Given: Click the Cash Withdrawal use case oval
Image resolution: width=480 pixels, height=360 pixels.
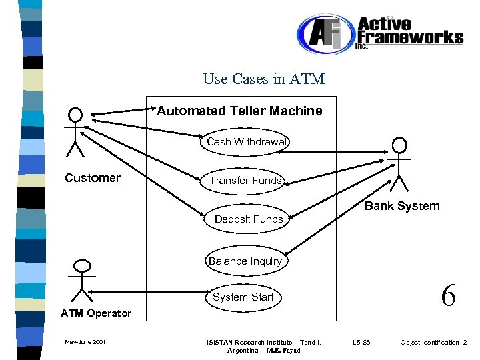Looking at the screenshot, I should [246, 141].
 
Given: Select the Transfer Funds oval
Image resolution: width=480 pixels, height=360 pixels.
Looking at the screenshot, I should [245, 181].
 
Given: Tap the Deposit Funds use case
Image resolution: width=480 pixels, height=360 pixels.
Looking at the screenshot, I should [248, 219].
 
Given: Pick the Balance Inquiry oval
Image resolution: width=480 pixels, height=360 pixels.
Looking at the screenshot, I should [245, 261].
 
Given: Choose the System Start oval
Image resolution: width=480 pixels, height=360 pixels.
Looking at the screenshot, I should [243, 297].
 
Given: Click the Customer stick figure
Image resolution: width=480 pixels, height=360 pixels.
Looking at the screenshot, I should [75, 131].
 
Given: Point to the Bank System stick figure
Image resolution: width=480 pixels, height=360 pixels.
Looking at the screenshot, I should [399, 164].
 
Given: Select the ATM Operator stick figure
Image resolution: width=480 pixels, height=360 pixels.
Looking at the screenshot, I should [81, 280].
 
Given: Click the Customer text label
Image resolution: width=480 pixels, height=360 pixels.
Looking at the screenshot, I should [93, 178].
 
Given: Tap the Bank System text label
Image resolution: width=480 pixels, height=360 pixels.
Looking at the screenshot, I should [402, 206].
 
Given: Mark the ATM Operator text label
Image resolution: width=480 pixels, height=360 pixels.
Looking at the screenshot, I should [96, 313].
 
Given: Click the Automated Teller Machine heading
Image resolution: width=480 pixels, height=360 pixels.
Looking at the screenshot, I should [239, 111].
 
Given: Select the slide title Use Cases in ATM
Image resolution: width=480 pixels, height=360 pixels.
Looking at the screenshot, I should [263, 79].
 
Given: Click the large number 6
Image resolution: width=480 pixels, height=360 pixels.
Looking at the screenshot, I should [448, 295].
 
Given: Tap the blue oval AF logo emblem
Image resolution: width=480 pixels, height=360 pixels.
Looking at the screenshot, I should [323, 35].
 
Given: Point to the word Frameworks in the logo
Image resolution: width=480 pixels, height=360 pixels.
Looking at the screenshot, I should [410, 37].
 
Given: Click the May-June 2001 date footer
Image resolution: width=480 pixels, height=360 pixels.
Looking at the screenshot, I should [84, 343].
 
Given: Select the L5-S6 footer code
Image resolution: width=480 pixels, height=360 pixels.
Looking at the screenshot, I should [366, 343].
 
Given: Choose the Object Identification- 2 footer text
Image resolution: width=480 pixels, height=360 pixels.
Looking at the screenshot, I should [433, 343].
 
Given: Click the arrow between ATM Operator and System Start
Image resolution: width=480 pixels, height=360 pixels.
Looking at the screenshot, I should [147, 291].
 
